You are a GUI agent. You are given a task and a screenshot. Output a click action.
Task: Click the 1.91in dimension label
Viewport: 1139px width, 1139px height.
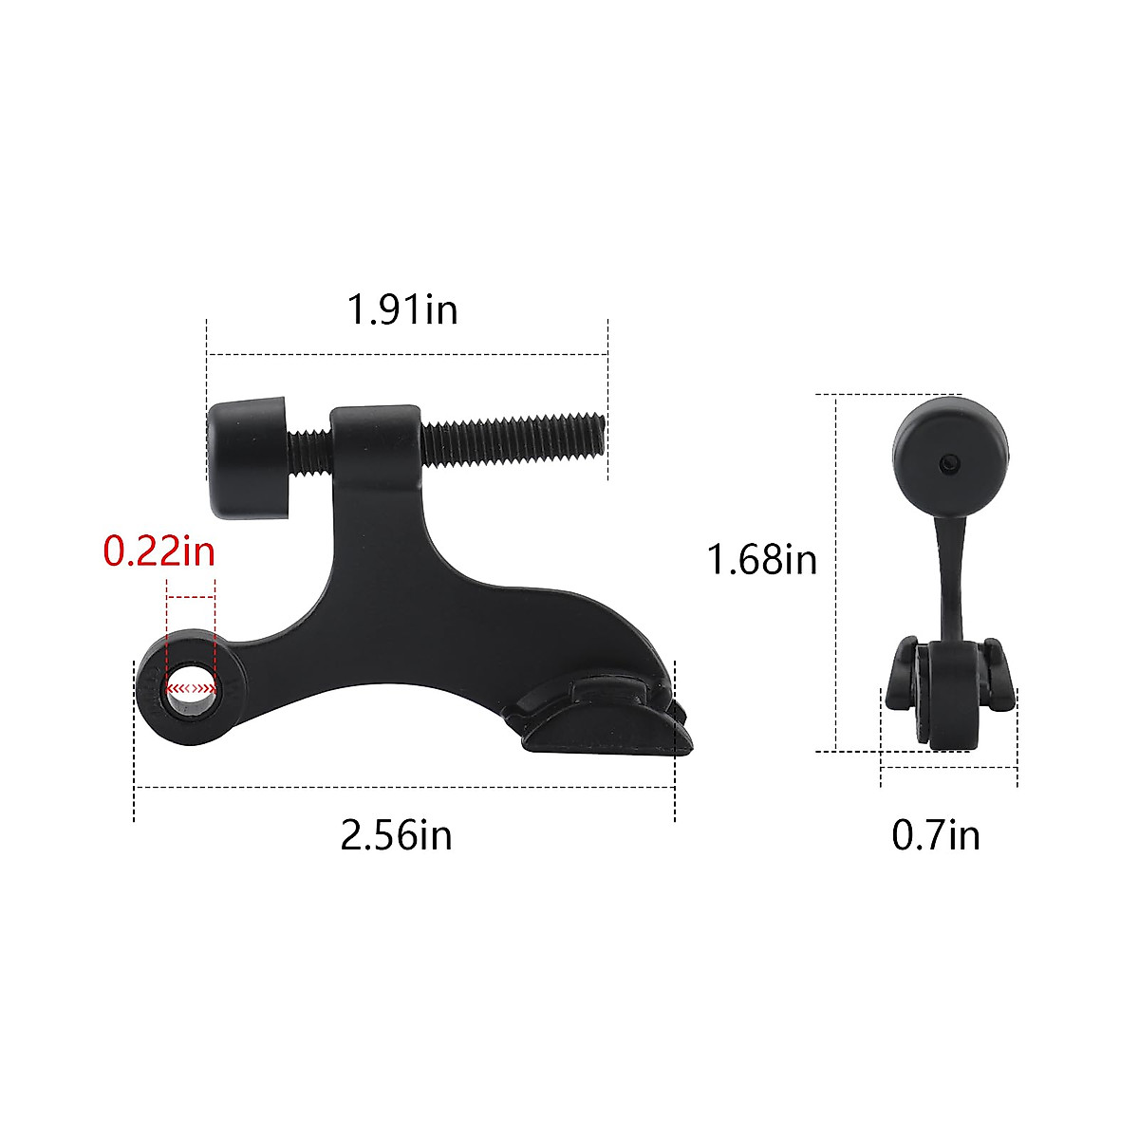point(402,309)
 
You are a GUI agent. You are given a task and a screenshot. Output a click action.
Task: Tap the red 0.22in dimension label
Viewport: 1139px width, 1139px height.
point(159,551)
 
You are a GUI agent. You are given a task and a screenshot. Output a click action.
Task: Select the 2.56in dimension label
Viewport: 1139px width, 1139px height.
point(396,835)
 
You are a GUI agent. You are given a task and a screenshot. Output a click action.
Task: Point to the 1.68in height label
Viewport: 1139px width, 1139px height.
point(761,559)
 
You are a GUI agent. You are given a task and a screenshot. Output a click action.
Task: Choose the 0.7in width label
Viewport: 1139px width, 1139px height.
point(935,835)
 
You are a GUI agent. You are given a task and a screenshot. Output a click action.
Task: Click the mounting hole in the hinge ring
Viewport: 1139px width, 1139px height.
point(191,686)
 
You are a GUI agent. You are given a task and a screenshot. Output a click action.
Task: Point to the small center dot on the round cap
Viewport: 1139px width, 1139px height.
point(950,462)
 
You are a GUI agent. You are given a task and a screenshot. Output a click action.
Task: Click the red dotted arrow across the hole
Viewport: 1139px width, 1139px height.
point(191,686)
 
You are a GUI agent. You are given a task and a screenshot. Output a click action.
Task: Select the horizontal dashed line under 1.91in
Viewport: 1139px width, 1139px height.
point(407,354)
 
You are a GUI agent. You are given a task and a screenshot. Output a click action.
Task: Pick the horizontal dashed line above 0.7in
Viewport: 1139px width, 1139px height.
point(949,768)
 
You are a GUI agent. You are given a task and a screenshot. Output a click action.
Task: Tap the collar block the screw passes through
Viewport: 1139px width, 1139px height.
point(376,446)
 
